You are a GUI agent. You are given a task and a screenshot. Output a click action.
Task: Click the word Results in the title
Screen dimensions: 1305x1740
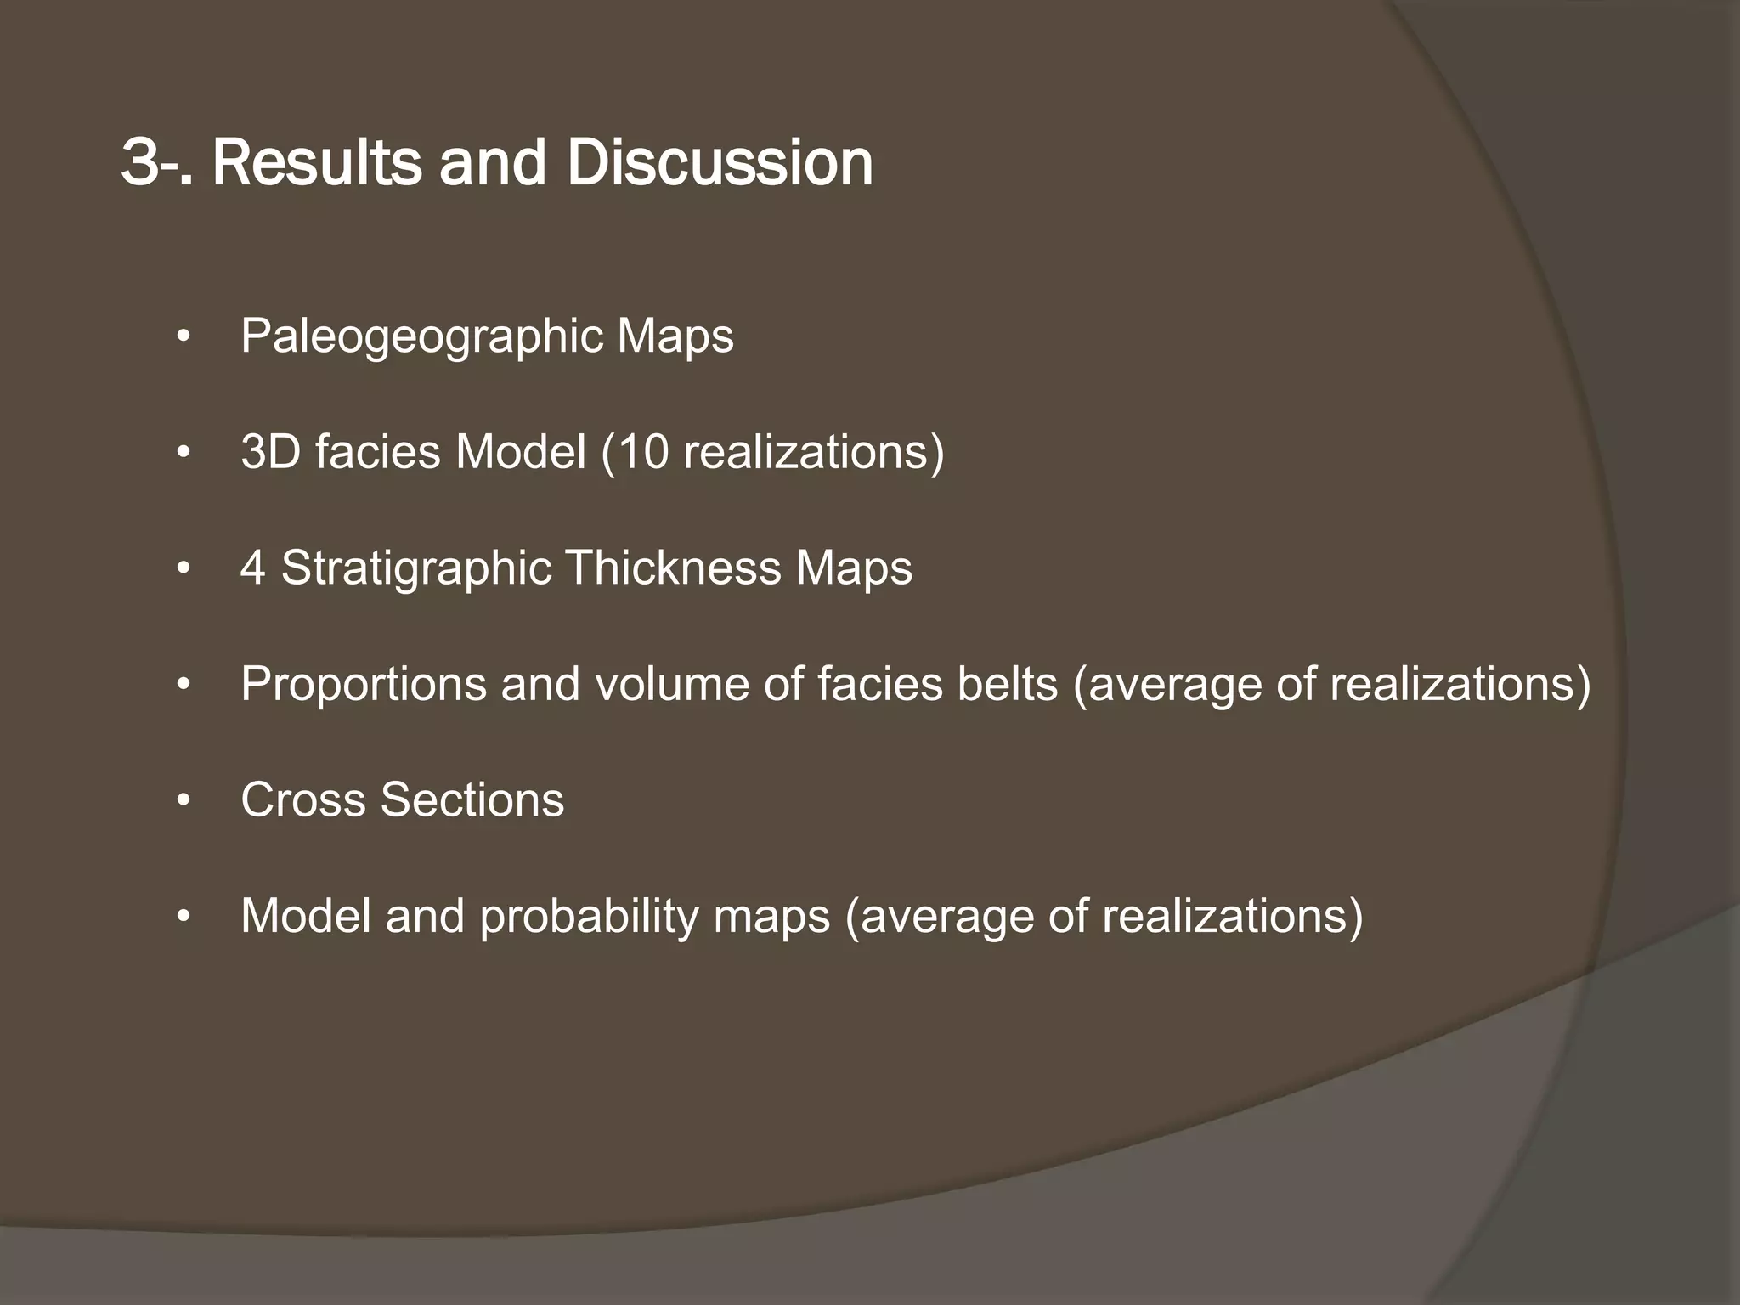tap(316, 163)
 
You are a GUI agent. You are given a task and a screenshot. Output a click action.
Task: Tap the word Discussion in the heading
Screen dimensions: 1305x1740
tap(720, 163)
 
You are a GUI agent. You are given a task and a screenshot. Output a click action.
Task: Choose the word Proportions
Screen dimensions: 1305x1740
tap(363, 684)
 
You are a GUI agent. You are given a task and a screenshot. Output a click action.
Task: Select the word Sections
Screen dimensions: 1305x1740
tap(472, 799)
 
